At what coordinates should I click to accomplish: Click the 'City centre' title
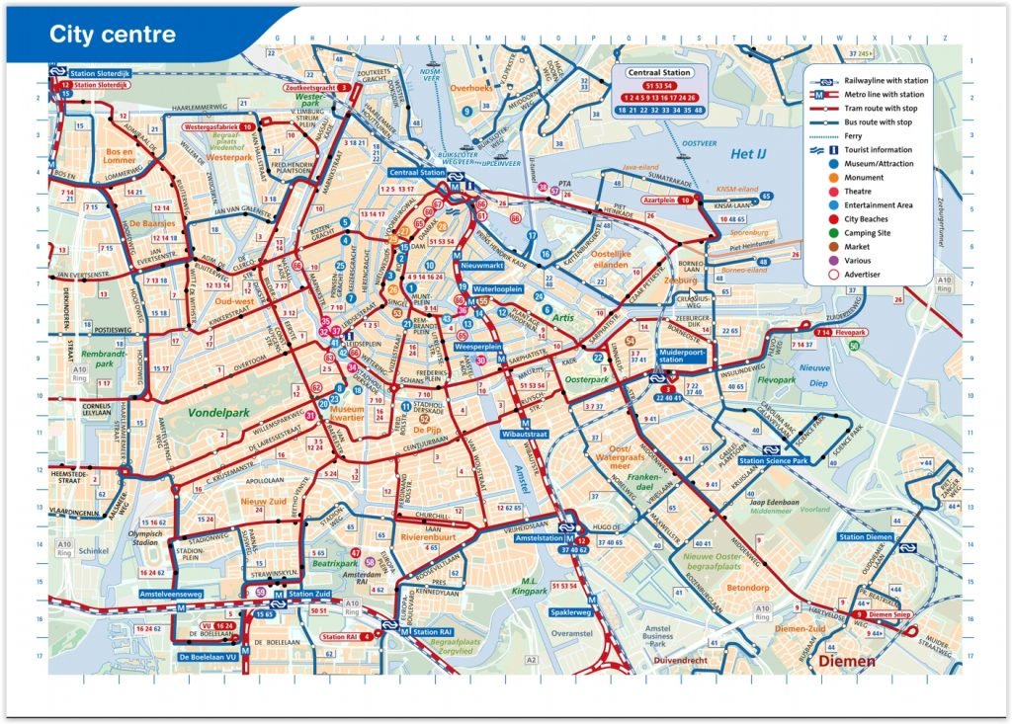[x=113, y=35]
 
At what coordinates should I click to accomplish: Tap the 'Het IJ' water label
[x=749, y=155]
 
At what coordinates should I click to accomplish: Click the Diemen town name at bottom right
[x=847, y=661]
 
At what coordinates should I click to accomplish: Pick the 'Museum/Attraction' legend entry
[x=885, y=163]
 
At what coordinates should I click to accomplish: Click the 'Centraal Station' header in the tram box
[x=658, y=73]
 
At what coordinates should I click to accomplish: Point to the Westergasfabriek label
[x=211, y=127]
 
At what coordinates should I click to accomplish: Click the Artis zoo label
[x=563, y=318]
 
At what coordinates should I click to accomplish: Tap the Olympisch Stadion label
[x=144, y=537]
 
